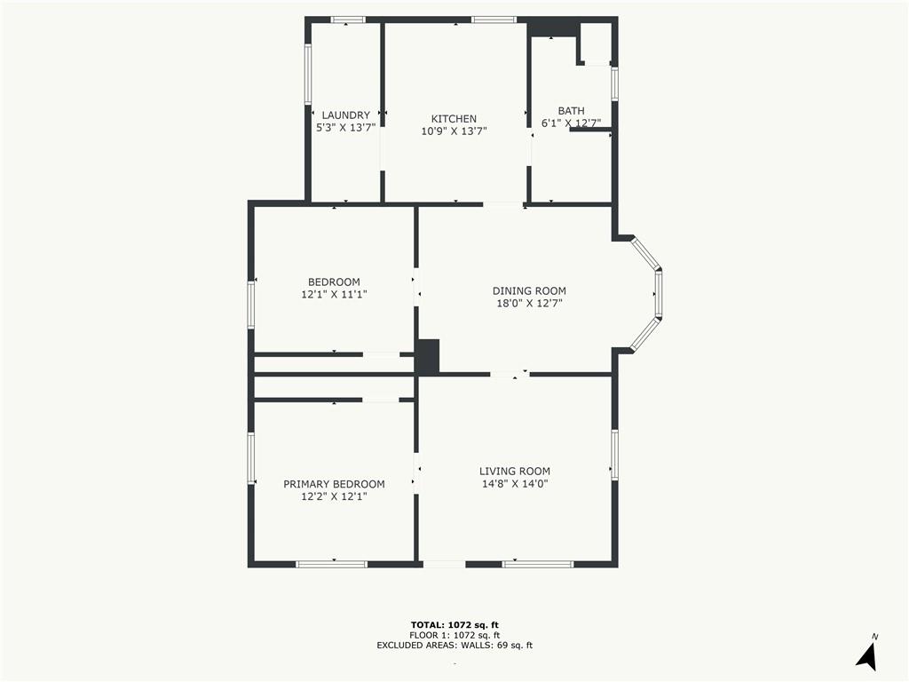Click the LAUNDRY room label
tap(345, 115)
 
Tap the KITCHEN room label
tap(454, 119)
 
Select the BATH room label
tap(571, 111)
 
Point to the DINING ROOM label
tap(529, 291)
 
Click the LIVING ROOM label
tap(515, 472)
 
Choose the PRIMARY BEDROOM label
tap(334, 484)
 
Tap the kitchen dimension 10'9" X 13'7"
tap(454, 131)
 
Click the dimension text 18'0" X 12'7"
tap(529, 304)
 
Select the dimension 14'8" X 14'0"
tap(515, 484)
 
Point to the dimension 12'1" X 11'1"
tap(334, 295)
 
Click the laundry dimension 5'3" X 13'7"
tap(345, 128)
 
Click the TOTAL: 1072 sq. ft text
tap(454, 624)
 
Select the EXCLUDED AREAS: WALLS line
tap(454, 645)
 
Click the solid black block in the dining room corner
tap(428, 356)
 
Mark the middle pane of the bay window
tap(659, 293)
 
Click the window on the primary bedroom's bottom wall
tap(332, 564)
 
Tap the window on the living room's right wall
tap(614, 455)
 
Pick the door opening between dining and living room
tap(510, 374)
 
